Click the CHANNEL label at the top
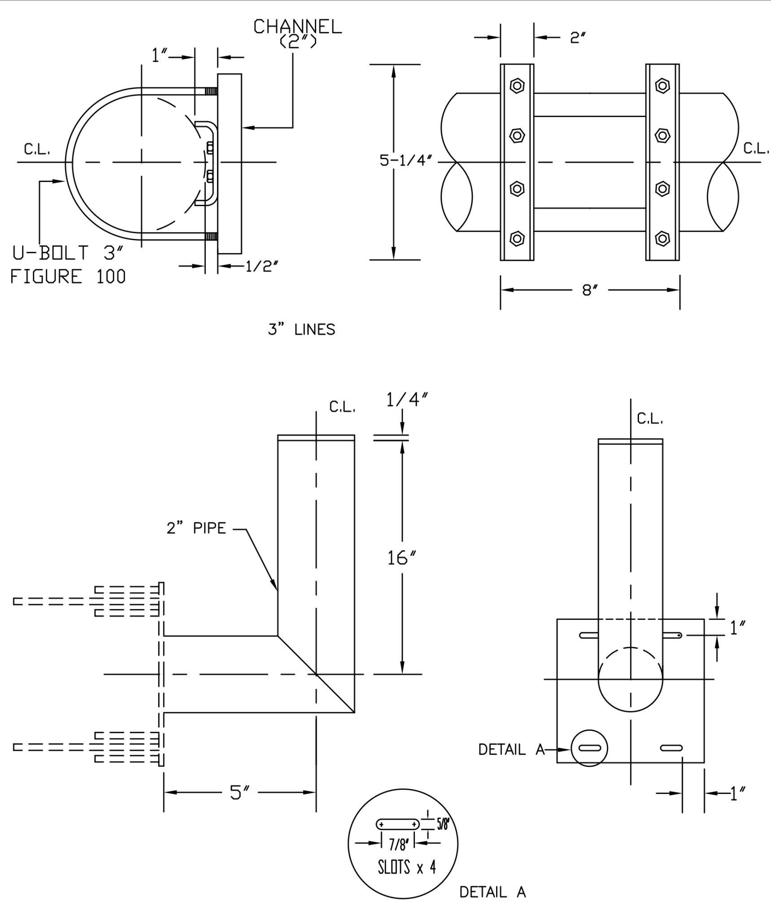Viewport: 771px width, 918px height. (x=298, y=27)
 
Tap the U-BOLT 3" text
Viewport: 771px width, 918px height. (x=67, y=253)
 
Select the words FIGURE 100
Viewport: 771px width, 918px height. (x=68, y=276)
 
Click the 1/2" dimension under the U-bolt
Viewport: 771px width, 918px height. (x=262, y=267)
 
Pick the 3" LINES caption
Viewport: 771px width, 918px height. (x=301, y=330)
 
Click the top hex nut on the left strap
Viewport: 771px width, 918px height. (x=517, y=85)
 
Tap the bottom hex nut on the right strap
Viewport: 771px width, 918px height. (x=662, y=238)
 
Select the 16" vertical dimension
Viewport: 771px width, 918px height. (x=402, y=558)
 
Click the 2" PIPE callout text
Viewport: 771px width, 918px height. (x=196, y=528)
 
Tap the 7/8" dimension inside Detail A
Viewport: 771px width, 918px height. (x=398, y=845)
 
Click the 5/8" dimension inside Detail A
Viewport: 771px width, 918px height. (x=443, y=824)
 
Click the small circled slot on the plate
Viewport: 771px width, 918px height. (x=589, y=748)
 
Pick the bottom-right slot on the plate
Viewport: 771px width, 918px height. (x=671, y=748)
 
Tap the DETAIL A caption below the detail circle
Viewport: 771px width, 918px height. (x=492, y=892)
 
